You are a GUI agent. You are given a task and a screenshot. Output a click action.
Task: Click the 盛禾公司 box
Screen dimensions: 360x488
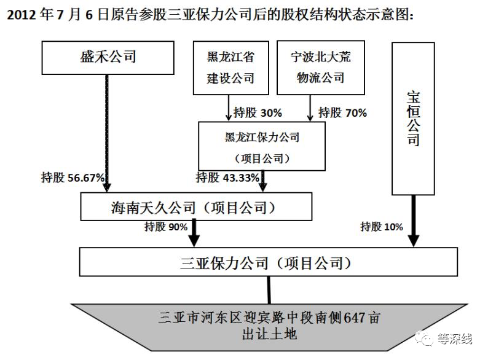tap(108, 58)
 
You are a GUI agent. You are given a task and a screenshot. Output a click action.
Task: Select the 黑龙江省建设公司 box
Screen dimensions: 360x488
tap(230, 68)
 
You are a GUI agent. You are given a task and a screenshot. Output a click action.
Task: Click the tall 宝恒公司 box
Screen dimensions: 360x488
tap(413, 117)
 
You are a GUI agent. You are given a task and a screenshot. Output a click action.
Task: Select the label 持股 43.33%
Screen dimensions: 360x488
tap(226, 178)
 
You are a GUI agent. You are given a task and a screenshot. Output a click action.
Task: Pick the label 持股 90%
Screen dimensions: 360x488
tap(165, 227)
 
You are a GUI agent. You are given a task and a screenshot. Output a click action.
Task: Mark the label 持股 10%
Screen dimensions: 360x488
tap(381, 227)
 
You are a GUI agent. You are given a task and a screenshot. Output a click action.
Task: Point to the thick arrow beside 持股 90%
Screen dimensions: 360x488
tap(196, 233)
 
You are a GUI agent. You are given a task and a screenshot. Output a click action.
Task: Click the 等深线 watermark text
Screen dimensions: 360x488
tap(454, 338)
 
